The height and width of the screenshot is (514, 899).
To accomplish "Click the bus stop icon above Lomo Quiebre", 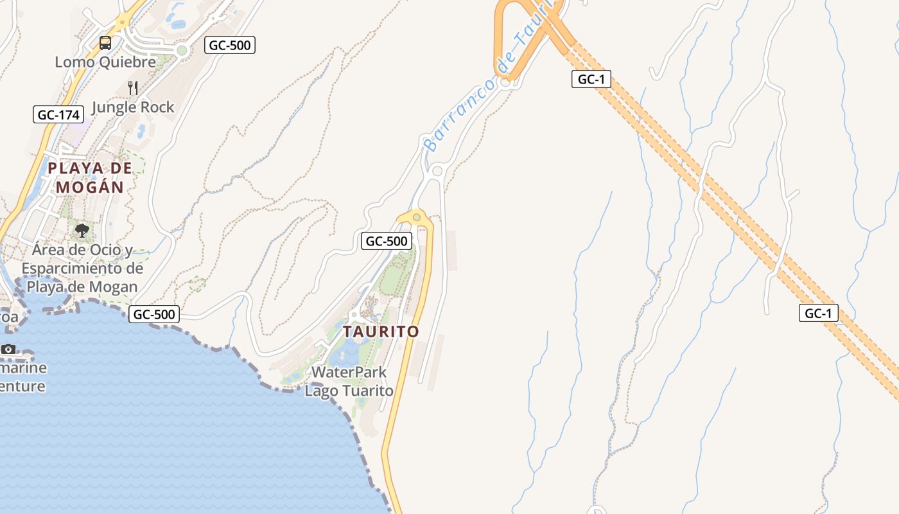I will [x=105, y=43].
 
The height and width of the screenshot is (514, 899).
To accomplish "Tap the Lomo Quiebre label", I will [x=105, y=62].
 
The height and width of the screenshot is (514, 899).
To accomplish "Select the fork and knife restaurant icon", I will [x=133, y=88].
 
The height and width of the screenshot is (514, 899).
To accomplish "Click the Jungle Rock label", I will [x=133, y=107].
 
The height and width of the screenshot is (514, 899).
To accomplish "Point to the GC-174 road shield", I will [x=58, y=115].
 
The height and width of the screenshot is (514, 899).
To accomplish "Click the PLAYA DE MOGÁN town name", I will [x=89, y=177].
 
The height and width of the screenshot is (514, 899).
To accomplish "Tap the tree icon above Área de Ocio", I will [x=82, y=230].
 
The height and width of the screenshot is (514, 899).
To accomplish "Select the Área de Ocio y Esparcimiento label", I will [x=82, y=268].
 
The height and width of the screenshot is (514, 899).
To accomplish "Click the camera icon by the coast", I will [x=8, y=349].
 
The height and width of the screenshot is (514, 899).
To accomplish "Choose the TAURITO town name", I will [x=381, y=332].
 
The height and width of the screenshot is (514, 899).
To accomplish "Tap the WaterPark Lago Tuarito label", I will [x=349, y=381].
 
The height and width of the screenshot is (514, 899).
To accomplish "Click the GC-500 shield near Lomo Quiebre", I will [x=230, y=45].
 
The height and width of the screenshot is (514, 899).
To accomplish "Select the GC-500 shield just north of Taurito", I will [x=386, y=241].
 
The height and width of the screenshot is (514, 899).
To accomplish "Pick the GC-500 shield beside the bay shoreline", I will [x=154, y=314].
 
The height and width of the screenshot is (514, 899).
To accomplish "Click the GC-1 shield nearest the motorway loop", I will [x=591, y=79].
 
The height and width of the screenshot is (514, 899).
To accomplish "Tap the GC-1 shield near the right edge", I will [x=819, y=314].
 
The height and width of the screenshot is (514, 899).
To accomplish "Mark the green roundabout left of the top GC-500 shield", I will [x=182, y=50].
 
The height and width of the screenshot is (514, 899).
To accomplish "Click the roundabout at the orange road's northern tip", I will [x=417, y=217].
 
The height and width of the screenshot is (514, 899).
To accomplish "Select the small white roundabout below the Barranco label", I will [x=437, y=171].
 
